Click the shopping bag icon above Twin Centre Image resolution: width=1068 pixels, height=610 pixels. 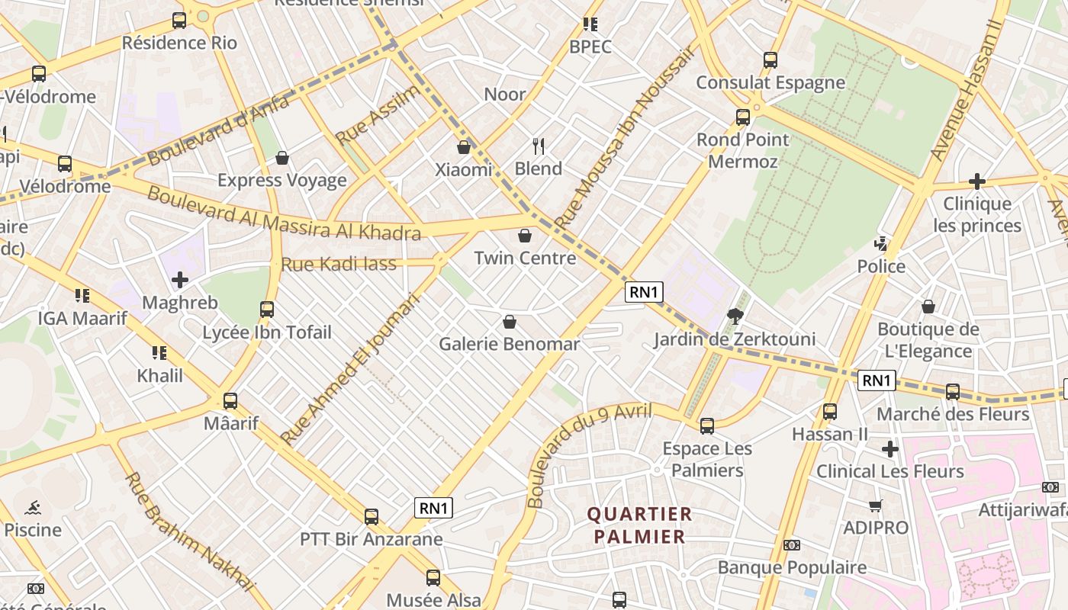tap(524, 236)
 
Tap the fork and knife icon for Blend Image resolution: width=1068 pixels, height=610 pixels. tap(539, 146)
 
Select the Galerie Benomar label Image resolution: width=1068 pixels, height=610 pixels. tap(509, 344)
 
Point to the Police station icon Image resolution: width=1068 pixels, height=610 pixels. tap(881, 244)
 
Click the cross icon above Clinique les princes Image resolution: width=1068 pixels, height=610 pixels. tap(976, 181)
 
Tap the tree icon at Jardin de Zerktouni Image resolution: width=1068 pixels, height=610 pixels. tap(735, 316)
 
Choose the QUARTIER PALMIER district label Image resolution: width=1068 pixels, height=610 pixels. tap(640, 525)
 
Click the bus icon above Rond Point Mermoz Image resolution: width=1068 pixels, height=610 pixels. tap(743, 117)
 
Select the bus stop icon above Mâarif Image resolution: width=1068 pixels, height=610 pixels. tap(230, 400)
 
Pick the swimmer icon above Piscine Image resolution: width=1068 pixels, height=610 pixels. tap(33, 508)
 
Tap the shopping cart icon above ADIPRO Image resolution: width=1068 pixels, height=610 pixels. tap(876, 506)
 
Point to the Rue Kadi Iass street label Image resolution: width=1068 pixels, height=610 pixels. tap(339, 265)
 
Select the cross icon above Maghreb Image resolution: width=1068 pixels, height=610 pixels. tap(180, 281)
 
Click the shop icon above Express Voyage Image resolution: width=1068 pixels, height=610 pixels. tap(282, 158)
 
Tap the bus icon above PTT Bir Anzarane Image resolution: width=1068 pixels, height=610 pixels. tap(372, 517)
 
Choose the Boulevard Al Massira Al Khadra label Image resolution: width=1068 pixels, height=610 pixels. tap(283, 213)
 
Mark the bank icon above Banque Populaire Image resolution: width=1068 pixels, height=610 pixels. tap(792, 545)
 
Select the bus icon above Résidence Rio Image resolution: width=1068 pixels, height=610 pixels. tap(179, 21)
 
